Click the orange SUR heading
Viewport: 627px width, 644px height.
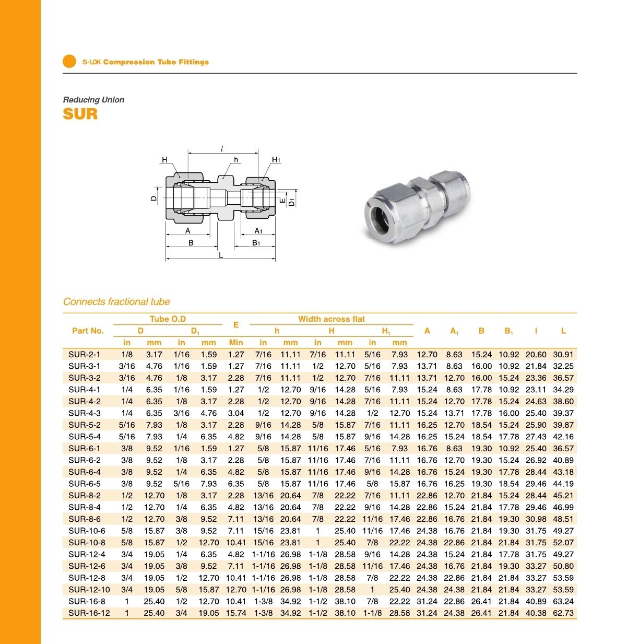click(80, 113)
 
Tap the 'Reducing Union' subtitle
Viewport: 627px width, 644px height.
click(93, 100)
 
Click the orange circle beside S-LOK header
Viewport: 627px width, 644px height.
click(69, 62)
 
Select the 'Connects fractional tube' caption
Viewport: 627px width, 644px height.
click(116, 301)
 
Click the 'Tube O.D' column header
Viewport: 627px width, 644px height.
click(168, 319)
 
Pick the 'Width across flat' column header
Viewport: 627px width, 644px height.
click(332, 319)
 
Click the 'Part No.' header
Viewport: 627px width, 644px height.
click(88, 331)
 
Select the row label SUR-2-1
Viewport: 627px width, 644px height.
click(85, 354)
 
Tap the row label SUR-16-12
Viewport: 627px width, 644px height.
click(89, 613)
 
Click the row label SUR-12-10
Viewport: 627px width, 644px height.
click(89, 590)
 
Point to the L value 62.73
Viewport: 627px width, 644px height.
click(563, 613)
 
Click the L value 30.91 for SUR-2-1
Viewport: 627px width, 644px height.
click(563, 354)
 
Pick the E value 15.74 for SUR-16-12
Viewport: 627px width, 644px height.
click(236, 613)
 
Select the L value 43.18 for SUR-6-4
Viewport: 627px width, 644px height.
click(563, 472)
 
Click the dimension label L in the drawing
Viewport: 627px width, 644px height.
click(221, 255)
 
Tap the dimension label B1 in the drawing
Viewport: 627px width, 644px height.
click(256, 243)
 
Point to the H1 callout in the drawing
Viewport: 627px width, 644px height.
click(276, 160)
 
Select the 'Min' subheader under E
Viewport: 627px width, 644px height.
click(236, 343)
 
